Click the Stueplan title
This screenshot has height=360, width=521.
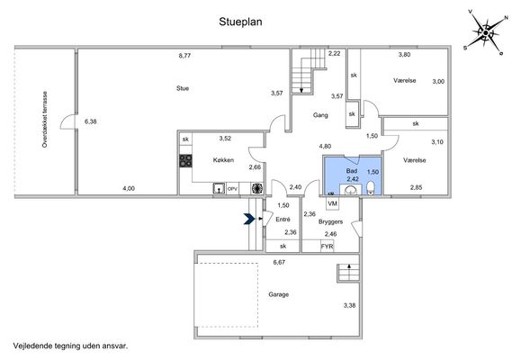pyautogui.click(x=240, y=22)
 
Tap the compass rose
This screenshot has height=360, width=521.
pyautogui.click(x=485, y=33)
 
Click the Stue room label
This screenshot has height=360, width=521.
pyautogui.click(x=183, y=88)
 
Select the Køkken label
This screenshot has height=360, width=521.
pyautogui.click(x=223, y=160)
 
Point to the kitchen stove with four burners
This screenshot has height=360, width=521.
pyautogui.click(x=185, y=160)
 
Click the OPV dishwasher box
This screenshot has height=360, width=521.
pyautogui.click(x=232, y=189)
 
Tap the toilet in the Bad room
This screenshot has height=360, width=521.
pyautogui.click(x=371, y=188)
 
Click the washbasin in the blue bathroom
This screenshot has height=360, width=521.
pyautogui.click(x=350, y=190)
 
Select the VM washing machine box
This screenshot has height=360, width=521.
pyautogui.click(x=332, y=203)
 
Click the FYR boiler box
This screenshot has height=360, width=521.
pyautogui.click(x=327, y=247)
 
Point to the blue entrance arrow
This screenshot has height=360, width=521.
pyautogui.click(x=249, y=219)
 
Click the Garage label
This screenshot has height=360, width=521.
pyautogui.click(x=278, y=294)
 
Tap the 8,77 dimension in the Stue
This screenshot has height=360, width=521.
pyautogui.click(x=184, y=56)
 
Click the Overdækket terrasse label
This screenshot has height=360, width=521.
pyautogui.click(x=45, y=120)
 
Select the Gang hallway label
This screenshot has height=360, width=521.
pyautogui.click(x=320, y=115)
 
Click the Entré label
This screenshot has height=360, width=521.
pyautogui.click(x=283, y=220)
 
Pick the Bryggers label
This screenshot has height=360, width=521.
pyautogui.click(x=330, y=221)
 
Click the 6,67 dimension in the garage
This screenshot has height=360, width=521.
pyautogui.click(x=279, y=262)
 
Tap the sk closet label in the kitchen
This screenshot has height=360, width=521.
pyautogui.click(x=185, y=139)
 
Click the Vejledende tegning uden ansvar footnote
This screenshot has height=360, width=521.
pyautogui.click(x=70, y=346)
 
